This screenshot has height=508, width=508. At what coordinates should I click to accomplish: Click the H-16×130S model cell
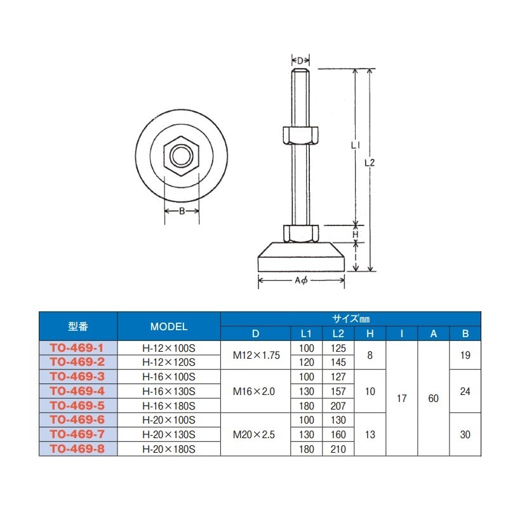(x=169, y=391)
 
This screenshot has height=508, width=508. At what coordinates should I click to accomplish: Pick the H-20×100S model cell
(x=169, y=420)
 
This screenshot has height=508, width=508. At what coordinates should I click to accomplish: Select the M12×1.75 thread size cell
(x=256, y=355)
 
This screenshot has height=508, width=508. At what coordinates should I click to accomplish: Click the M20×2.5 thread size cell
(x=256, y=434)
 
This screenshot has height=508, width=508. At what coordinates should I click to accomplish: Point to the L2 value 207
(x=338, y=405)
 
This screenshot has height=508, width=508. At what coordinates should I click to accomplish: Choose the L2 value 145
(x=338, y=362)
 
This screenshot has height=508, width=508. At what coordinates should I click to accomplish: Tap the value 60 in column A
(x=434, y=398)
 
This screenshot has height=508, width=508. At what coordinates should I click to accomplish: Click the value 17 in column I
(x=402, y=398)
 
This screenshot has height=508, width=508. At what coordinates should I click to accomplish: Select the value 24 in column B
(x=465, y=391)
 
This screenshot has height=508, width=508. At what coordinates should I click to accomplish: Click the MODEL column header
(x=169, y=326)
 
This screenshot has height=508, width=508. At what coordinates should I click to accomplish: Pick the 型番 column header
(x=79, y=326)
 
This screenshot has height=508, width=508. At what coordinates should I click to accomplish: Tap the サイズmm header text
(x=350, y=318)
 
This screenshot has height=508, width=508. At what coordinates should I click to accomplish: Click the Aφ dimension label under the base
(x=302, y=281)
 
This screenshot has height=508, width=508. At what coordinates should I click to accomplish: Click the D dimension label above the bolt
(x=300, y=60)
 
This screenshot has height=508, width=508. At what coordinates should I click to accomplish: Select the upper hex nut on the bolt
(x=300, y=135)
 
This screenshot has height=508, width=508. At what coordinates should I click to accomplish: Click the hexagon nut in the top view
(x=182, y=155)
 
